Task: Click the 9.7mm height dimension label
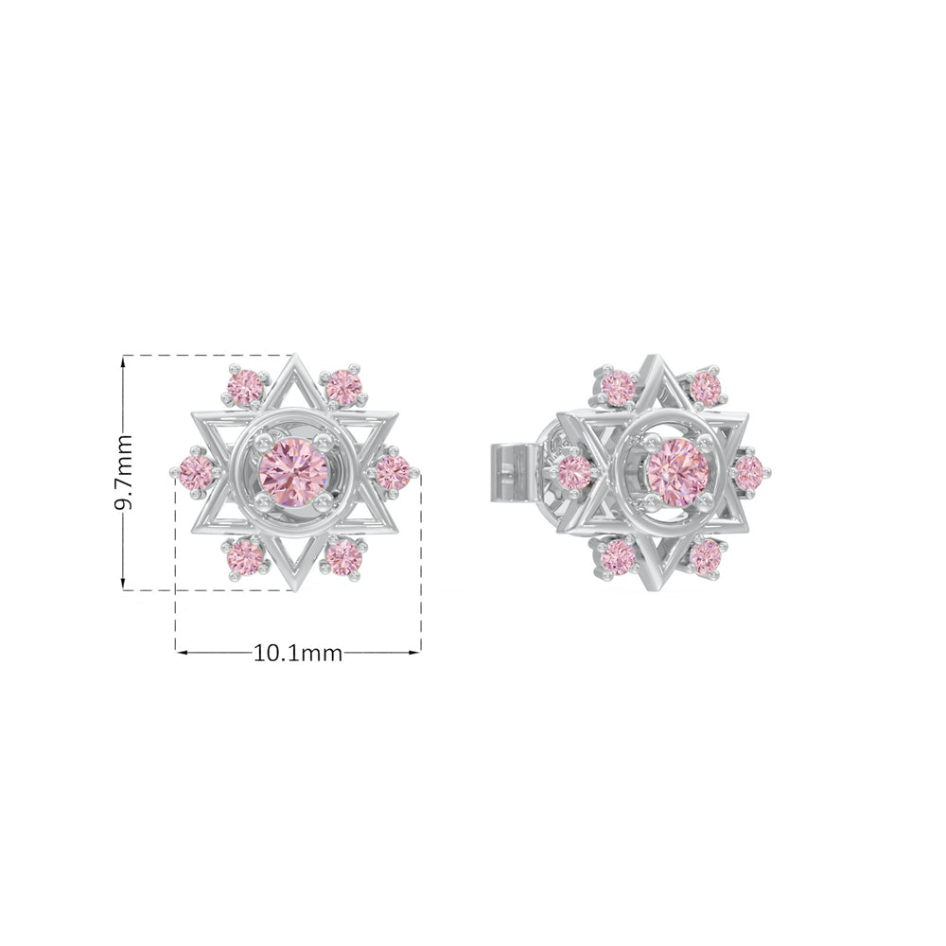coord(123,472)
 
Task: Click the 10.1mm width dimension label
coord(297,653)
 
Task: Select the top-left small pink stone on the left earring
coord(244,387)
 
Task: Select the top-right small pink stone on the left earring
coord(342,387)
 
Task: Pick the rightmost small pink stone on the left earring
coord(393,472)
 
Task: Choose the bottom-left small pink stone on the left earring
coord(245,557)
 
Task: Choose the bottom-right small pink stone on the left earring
coord(342,557)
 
